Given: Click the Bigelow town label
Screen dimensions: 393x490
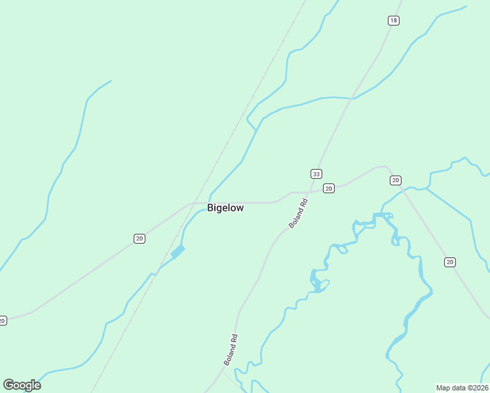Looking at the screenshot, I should pyautogui.click(x=225, y=208).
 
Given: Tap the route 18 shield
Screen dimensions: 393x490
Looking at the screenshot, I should pyautogui.click(x=393, y=21).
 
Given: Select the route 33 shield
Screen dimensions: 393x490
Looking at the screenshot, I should pyautogui.click(x=316, y=174).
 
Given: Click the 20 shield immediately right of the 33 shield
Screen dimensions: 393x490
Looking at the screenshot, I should pyautogui.click(x=329, y=189).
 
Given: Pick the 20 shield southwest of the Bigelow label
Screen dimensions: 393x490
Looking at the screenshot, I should pyautogui.click(x=139, y=238).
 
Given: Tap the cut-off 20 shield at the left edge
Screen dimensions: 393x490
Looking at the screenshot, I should pyautogui.click(x=3, y=320).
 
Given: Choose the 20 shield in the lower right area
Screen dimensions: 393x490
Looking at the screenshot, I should pyautogui.click(x=449, y=262).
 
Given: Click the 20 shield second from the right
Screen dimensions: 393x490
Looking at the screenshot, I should pyautogui.click(x=395, y=180).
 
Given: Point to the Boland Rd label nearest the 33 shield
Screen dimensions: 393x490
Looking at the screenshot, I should pyautogui.click(x=298, y=214).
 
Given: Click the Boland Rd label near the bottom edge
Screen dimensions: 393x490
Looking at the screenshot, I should pyautogui.click(x=230, y=350).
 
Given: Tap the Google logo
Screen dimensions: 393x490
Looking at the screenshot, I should pyautogui.click(x=22, y=385).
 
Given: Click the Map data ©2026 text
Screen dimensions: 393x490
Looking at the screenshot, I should pyautogui.click(x=462, y=388).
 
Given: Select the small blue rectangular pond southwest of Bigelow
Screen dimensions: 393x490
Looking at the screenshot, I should pyautogui.click(x=178, y=251).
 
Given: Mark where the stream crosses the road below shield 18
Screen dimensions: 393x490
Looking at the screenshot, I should pyautogui.click(x=352, y=98).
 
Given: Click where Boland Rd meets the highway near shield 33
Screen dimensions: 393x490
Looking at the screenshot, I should pyautogui.click(x=310, y=192).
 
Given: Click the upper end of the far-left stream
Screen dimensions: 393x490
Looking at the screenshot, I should pyautogui.click(x=111, y=81).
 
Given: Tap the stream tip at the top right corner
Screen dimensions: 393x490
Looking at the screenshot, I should pyautogui.click(x=466, y=7).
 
